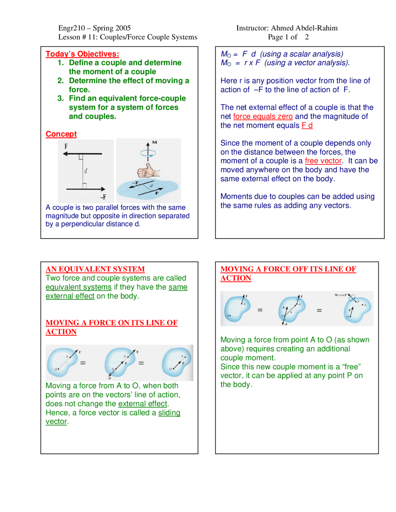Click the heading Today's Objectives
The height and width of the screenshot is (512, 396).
[x=82, y=54]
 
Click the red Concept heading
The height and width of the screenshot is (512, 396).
[x=61, y=134]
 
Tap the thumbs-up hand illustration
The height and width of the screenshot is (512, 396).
[x=148, y=171]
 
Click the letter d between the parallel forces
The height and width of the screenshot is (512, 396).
[x=86, y=171]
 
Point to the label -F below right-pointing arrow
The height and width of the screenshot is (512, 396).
[x=103, y=197]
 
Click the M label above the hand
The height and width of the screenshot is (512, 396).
[x=154, y=143]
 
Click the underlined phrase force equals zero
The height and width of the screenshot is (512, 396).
[x=263, y=117]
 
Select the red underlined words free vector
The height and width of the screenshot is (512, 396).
[x=323, y=161]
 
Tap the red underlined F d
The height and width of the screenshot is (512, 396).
[x=307, y=126]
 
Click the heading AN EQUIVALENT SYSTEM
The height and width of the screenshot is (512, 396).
[x=95, y=269]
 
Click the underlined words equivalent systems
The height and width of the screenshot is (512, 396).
[x=79, y=287]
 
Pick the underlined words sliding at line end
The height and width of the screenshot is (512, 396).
[x=169, y=413]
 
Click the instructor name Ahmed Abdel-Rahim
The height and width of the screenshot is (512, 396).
[x=304, y=28]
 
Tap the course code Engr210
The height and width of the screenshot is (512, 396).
[x=71, y=28]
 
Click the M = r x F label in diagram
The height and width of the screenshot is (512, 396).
[x=340, y=295]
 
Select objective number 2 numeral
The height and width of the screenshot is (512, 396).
[x=60, y=81]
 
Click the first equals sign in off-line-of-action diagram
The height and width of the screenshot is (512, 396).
[x=260, y=310]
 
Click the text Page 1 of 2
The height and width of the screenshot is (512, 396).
[x=288, y=37]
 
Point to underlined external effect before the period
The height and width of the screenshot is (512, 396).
[x=142, y=404]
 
